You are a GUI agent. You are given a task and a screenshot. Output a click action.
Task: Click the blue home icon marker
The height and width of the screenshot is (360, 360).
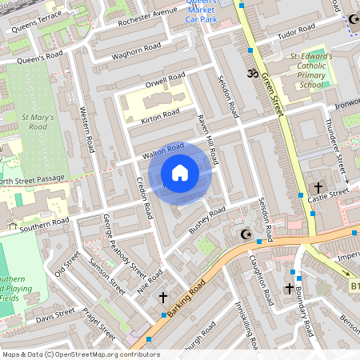[180, 172]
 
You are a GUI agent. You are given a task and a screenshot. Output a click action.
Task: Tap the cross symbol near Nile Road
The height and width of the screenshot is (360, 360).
[163, 297]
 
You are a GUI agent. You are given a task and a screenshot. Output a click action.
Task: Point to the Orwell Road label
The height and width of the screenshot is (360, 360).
[166, 82]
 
